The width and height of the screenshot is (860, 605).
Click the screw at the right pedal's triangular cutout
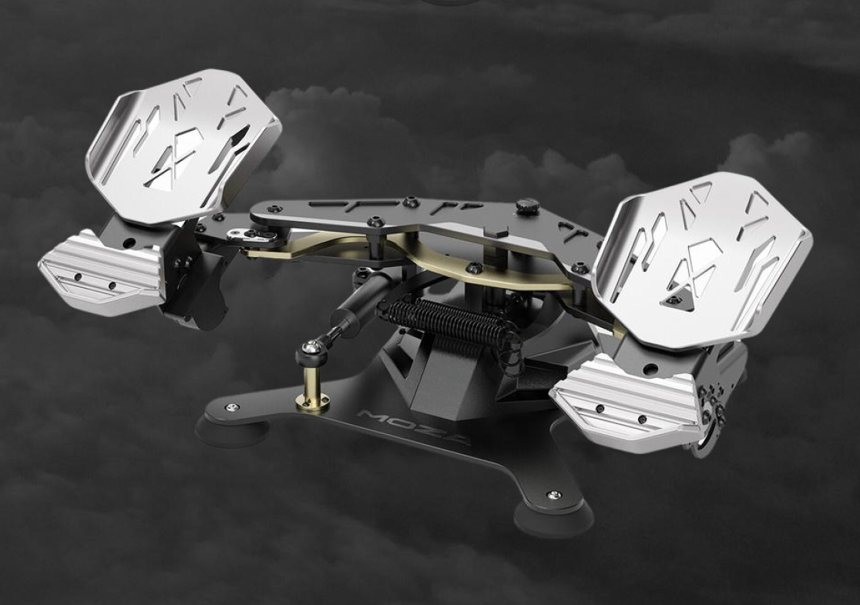click(x=674, y=299)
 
